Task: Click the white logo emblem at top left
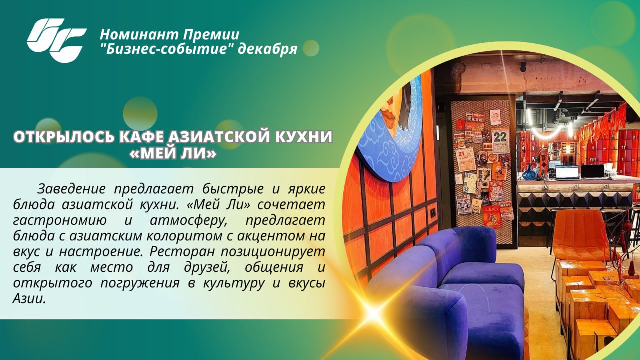coord(56,40)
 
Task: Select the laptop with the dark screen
coord(593,171)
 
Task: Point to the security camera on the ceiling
coord(523,67)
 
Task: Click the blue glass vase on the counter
coord(529,173)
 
